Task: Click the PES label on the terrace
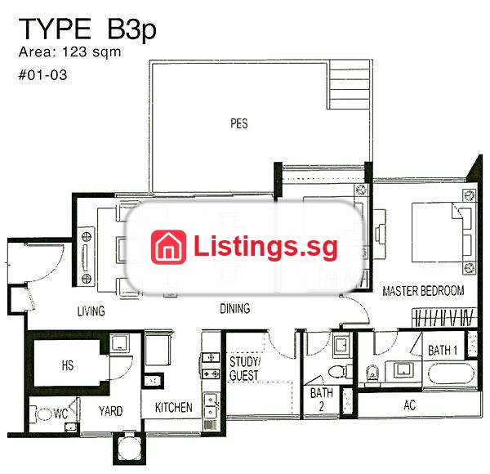tap(239, 123)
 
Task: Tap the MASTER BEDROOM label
tap(423, 291)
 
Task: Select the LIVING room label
tap(91, 311)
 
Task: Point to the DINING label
tap(235, 309)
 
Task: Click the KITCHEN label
tap(174, 408)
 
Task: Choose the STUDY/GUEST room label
tap(244, 369)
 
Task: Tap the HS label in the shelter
tap(68, 365)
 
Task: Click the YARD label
tap(110, 411)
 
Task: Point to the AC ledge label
tap(409, 405)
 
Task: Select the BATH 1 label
tap(443, 350)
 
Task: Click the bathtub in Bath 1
tap(451, 374)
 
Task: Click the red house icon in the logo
tap(168, 247)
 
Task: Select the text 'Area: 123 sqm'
tap(69, 52)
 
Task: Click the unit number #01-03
tap(42, 75)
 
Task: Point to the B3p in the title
tap(131, 29)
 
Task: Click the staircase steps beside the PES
tap(349, 85)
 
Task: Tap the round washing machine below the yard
tap(129, 446)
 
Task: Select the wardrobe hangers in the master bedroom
tap(444, 318)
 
